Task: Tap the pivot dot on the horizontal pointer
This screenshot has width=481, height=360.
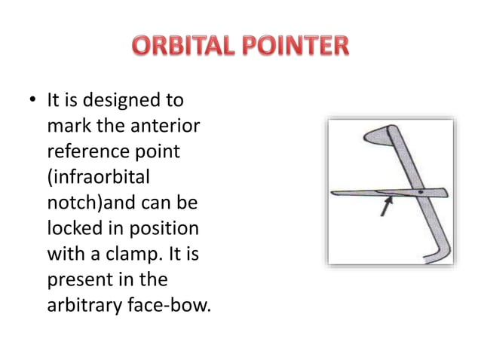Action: click(x=419, y=193)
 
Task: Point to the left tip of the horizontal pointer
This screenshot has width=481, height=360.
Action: click(x=335, y=194)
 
